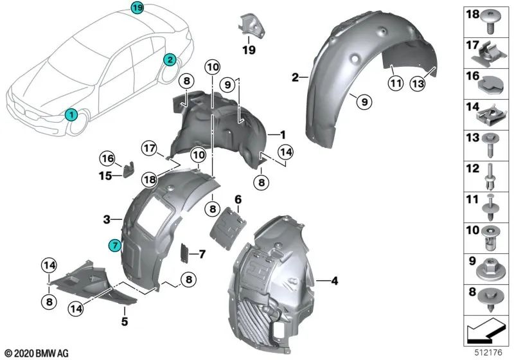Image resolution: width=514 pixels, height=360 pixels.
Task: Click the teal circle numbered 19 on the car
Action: pyautogui.click(x=137, y=8)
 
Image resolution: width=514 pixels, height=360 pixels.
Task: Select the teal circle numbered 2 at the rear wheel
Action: pyautogui.click(x=170, y=60)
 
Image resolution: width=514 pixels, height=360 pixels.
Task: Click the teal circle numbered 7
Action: pyautogui.click(x=114, y=245)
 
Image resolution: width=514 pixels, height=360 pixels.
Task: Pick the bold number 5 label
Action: pyautogui.click(x=125, y=319)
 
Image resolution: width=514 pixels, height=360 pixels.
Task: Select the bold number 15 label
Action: pyautogui.click(x=109, y=174)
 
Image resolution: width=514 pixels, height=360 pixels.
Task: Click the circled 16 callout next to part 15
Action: pyautogui.click(x=107, y=158)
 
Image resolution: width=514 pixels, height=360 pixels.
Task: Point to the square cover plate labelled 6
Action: pyautogui.click(x=230, y=225)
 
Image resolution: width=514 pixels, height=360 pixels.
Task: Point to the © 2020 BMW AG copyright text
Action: pyautogui.click(x=36, y=352)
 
